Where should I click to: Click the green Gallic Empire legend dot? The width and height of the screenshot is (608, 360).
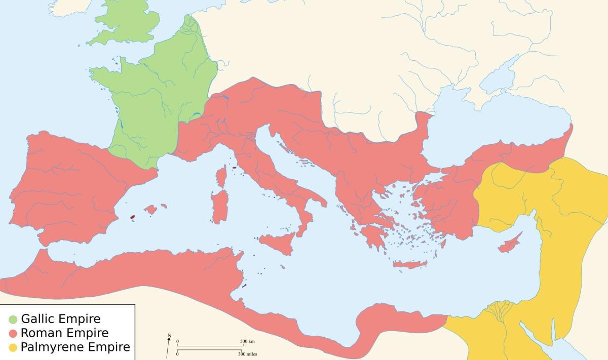[x=13, y=319]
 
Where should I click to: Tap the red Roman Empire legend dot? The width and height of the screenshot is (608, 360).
[x=13, y=333]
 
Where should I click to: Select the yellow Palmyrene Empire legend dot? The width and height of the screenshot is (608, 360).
[x=13, y=347]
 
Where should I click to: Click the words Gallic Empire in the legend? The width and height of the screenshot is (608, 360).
[x=60, y=319]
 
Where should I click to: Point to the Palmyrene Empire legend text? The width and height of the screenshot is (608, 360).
[x=75, y=347]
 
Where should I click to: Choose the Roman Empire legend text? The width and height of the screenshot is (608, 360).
[x=64, y=333]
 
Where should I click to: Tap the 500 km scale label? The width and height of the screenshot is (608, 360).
[x=247, y=341]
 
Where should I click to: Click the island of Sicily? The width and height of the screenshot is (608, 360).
[x=277, y=240]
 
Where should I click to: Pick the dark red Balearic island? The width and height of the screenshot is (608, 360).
[x=133, y=217]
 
